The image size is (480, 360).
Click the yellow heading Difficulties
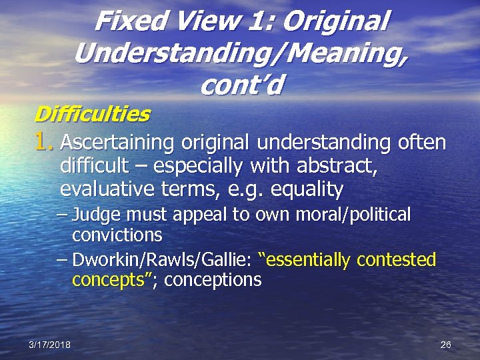91,115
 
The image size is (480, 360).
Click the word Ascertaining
117,143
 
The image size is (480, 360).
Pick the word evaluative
109,190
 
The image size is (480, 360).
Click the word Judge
94,215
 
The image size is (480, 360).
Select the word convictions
117,235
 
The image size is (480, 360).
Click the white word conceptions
213,280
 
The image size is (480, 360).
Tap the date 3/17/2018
49,345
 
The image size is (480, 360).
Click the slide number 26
446,345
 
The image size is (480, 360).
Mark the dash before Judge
63,215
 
